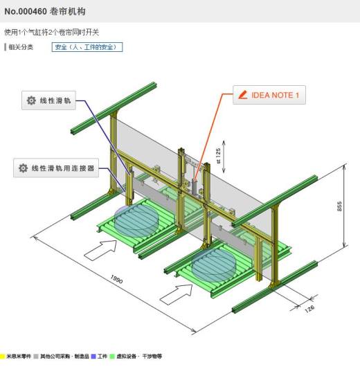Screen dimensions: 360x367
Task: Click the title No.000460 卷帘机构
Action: (45, 11)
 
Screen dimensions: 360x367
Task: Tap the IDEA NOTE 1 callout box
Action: (269, 95)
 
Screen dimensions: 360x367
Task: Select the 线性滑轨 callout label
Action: (48, 100)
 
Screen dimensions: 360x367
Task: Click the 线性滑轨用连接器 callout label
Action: (56, 168)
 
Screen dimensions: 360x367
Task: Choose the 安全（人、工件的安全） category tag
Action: (87, 47)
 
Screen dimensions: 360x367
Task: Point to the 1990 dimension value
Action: (116, 279)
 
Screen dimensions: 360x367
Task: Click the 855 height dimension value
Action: (339, 206)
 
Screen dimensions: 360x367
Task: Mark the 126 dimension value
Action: (309, 309)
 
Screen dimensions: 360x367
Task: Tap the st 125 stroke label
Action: (218, 156)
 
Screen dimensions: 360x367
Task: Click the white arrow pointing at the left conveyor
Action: (100, 250)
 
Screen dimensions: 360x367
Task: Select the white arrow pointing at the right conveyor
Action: (177, 294)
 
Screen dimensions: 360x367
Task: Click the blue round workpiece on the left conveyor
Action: (136, 220)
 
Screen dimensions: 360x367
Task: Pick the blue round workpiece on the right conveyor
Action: (214, 265)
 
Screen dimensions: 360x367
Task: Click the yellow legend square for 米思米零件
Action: (2, 357)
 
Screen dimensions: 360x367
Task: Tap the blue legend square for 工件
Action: (93, 357)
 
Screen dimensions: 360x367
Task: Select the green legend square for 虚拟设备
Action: (112, 357)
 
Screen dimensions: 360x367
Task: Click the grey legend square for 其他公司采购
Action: (36, 357)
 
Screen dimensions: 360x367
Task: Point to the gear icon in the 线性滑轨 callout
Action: (31, 100)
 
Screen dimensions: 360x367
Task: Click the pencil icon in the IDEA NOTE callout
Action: (243, 95)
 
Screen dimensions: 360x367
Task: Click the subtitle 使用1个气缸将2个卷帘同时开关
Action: (52, 32)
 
